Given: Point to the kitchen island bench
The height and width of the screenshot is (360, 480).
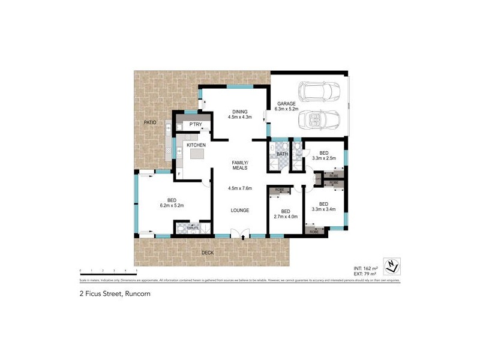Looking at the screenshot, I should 197,154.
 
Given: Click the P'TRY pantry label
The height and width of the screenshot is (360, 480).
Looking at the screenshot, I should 196,125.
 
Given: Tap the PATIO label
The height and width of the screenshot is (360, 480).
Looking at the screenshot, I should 150,122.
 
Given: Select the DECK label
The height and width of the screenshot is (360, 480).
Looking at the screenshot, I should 208,253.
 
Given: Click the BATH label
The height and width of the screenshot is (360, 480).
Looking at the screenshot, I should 282,155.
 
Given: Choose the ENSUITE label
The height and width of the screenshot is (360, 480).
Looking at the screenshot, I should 192,229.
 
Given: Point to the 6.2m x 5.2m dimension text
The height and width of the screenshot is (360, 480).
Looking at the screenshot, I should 171,206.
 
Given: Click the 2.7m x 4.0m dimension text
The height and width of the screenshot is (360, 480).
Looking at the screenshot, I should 286,218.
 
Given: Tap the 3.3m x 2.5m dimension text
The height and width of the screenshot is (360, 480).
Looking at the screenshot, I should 323,158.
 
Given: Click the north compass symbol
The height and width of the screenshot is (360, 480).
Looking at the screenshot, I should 392,265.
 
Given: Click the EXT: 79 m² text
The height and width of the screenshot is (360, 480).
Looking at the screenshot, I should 364,274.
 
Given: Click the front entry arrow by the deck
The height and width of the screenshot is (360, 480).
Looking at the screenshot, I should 242,238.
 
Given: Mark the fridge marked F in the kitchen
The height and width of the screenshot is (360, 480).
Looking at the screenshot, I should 179,174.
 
